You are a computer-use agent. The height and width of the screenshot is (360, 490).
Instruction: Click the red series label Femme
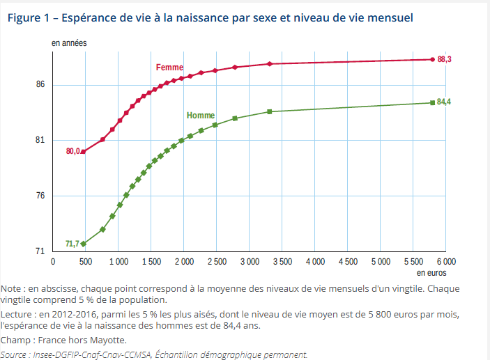pyautogui.click(x=169, y=68)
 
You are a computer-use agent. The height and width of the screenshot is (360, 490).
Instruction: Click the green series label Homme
pyautogui.click(x=201, y=116)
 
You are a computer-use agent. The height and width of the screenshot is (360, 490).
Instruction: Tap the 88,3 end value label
pyautogui.click(x=445, y=60)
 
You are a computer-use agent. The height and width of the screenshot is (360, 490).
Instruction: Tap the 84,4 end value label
pyautogui.click(x=444, y=102)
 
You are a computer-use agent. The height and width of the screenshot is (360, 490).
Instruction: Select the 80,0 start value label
pyautogui.click(x=73, y=151)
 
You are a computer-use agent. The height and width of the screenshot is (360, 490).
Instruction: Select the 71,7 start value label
pyautogui.click(x=72, y=244)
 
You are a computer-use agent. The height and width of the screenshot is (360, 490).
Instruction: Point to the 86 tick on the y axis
pyautogui.click(x=40, y=85)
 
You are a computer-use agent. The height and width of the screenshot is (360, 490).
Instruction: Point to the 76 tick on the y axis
pyautogui.click(x=40, y=196)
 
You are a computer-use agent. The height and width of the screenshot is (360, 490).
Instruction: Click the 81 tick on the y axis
pyautogui.click(x=40, y=141)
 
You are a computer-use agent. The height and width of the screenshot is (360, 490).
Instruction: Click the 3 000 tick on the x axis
pyautogui.click(x=249, y=262)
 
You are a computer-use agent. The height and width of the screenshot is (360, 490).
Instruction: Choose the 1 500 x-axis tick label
pyautogui.click(x=151, y=262)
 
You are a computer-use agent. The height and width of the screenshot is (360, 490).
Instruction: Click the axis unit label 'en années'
pyautogui.click(x=69, y=43)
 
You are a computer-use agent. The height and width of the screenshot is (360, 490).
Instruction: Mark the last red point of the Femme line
pyautogui.click(x=433, y=60)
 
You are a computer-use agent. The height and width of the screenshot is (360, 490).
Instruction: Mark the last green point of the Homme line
pyautogui.click(x=433, y=102)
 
